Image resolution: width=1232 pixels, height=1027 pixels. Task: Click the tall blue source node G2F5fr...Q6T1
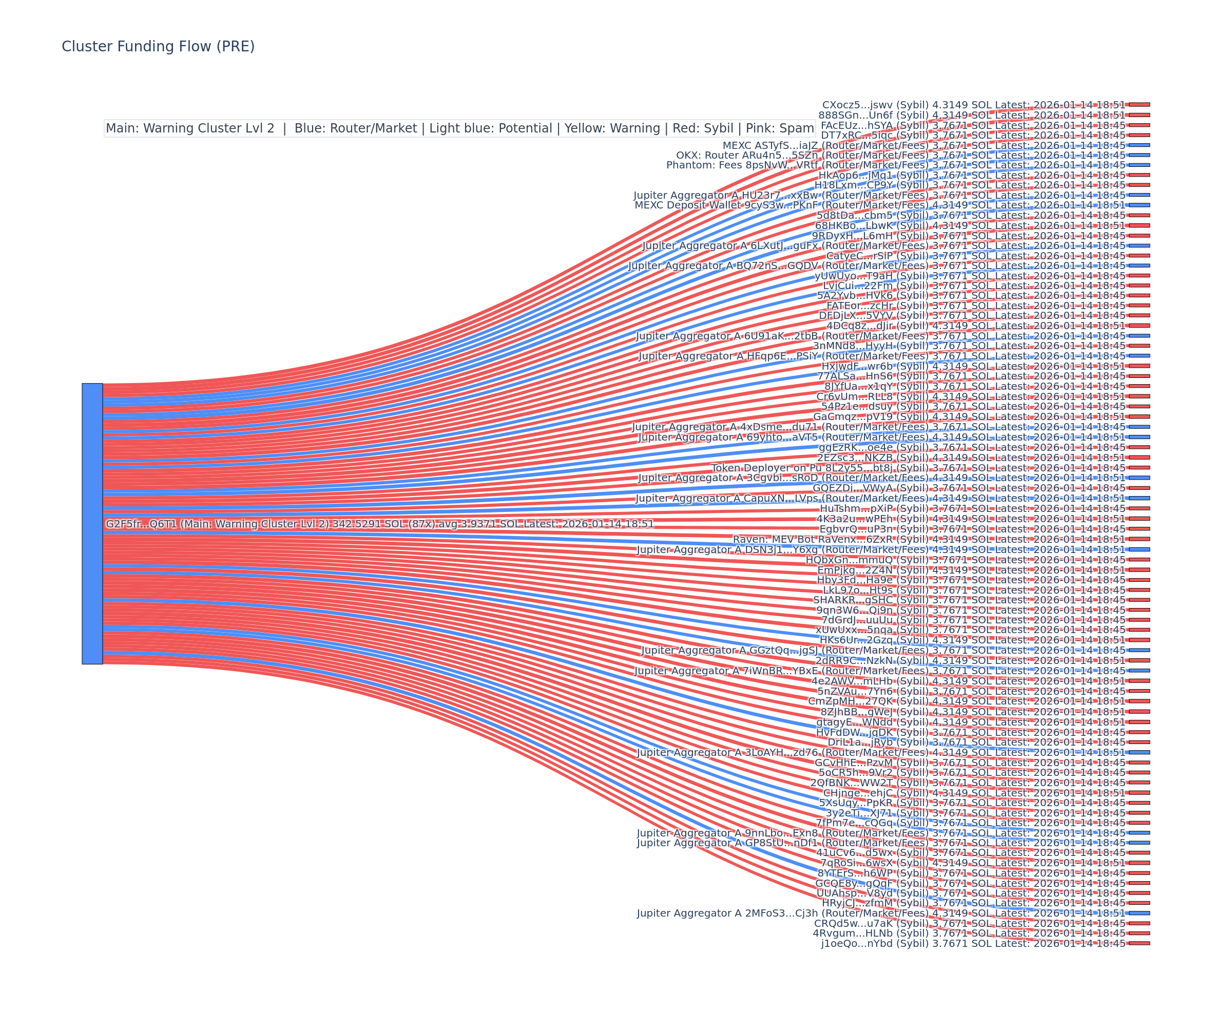coord(92,523)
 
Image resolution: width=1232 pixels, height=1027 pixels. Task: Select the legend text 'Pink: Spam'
coord(780,128)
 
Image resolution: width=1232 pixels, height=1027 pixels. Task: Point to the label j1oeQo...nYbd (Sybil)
coord(875,944)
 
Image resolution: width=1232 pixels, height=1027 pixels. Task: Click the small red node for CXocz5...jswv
coord(1139,104)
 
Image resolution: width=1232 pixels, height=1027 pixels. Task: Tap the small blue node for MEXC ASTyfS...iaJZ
coord(1139,145)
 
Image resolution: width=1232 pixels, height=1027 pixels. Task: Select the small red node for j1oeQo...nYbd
coord(1139,943)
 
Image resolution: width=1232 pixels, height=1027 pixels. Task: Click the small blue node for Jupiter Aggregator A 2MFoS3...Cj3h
coord(1139,913)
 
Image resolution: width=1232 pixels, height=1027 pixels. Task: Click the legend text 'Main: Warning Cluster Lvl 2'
coord(190,128)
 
